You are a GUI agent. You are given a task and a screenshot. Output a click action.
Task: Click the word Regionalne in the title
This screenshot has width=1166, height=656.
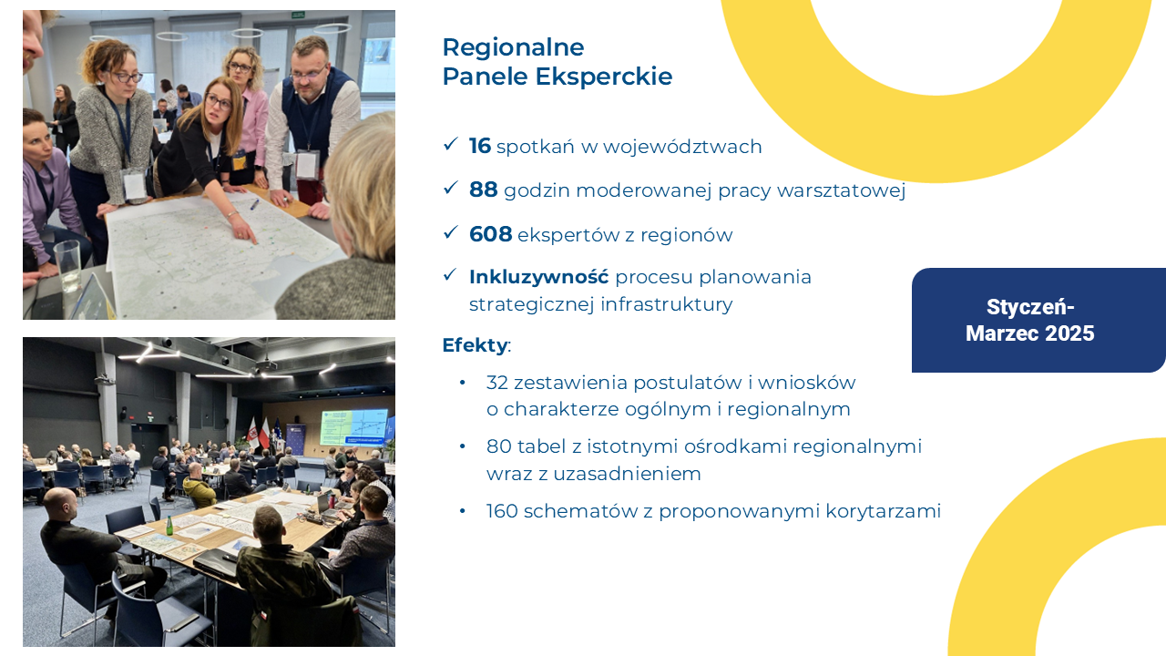click(x=513, y=47)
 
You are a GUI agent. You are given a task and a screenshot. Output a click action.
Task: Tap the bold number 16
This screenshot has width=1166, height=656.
click(x=480, y=146)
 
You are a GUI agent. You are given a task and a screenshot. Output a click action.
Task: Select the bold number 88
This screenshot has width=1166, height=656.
click(x=484, y=190)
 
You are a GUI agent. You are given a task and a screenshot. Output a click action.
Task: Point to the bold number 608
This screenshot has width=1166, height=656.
click(x=491, y=234)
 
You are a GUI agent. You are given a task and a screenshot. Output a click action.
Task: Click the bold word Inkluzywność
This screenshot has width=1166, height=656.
click(x=538, y=276)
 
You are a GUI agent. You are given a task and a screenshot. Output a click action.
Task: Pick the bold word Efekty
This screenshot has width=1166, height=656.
click(x=475, y=345)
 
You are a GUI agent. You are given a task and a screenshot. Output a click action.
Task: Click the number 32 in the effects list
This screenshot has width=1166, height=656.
click(x=497, y=382)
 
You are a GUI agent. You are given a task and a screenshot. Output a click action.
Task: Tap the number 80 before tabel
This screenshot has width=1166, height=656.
click(x=498, y=446)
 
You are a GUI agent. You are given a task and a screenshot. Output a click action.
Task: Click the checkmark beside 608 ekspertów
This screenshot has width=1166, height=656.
click(x=450, y=232)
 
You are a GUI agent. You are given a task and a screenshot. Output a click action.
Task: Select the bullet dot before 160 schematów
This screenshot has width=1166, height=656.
click(x=463, y=511)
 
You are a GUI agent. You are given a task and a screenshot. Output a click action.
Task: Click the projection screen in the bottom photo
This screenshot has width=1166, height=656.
click(x=353, y=427)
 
